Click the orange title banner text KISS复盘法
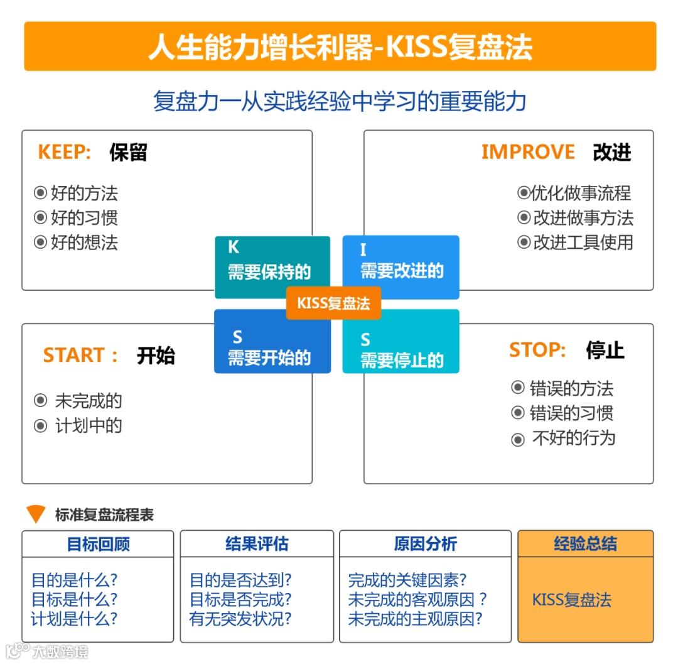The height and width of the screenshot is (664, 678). click(340, 47)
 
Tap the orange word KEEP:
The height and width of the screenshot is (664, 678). click(65, 152)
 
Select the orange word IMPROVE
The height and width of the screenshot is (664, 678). click(527, 152)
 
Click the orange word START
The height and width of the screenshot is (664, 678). click(73, 356)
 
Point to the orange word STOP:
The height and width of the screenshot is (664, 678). click(537, 350)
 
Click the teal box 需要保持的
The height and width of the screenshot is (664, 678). click(272, 267)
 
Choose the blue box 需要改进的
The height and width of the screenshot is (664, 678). click(401, 267)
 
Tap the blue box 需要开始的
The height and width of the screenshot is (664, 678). click(272, 342)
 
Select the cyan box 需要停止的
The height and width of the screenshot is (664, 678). click(401, 342)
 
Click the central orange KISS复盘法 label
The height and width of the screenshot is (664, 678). click(333, 303)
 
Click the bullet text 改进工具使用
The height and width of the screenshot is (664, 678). click(583, 242)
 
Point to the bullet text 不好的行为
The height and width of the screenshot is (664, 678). click(573, 438)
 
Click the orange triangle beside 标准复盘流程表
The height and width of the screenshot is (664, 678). click(36, 514)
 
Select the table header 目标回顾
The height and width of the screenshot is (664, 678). click(98, 544)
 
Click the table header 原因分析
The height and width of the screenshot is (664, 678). click(425, 544)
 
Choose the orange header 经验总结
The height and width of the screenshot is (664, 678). click(585, 544)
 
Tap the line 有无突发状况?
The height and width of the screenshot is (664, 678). click(240, 619)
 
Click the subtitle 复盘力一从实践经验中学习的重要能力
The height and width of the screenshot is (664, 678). click(340, 101)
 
